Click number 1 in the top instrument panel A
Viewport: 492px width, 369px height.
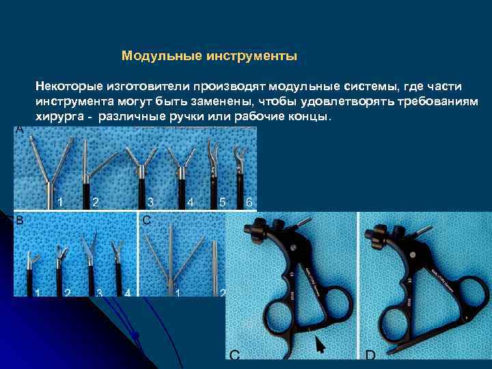[x=61, y=202]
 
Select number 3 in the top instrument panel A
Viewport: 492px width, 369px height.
[x=150, y=202]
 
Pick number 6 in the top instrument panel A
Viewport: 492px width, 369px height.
[x=249, y=202]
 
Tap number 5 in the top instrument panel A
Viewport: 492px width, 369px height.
[x=222, y=202]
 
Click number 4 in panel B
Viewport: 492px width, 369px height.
[x=128, y=292]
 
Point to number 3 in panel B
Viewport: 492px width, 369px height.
[x=99, y=292]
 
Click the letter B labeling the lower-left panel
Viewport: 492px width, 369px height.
[x=19, y=220]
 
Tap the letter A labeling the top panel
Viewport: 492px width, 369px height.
[x=19, y=129]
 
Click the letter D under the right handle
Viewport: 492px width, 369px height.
[x=370, y=355]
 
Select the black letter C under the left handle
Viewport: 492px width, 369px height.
[x=234, y=355]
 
